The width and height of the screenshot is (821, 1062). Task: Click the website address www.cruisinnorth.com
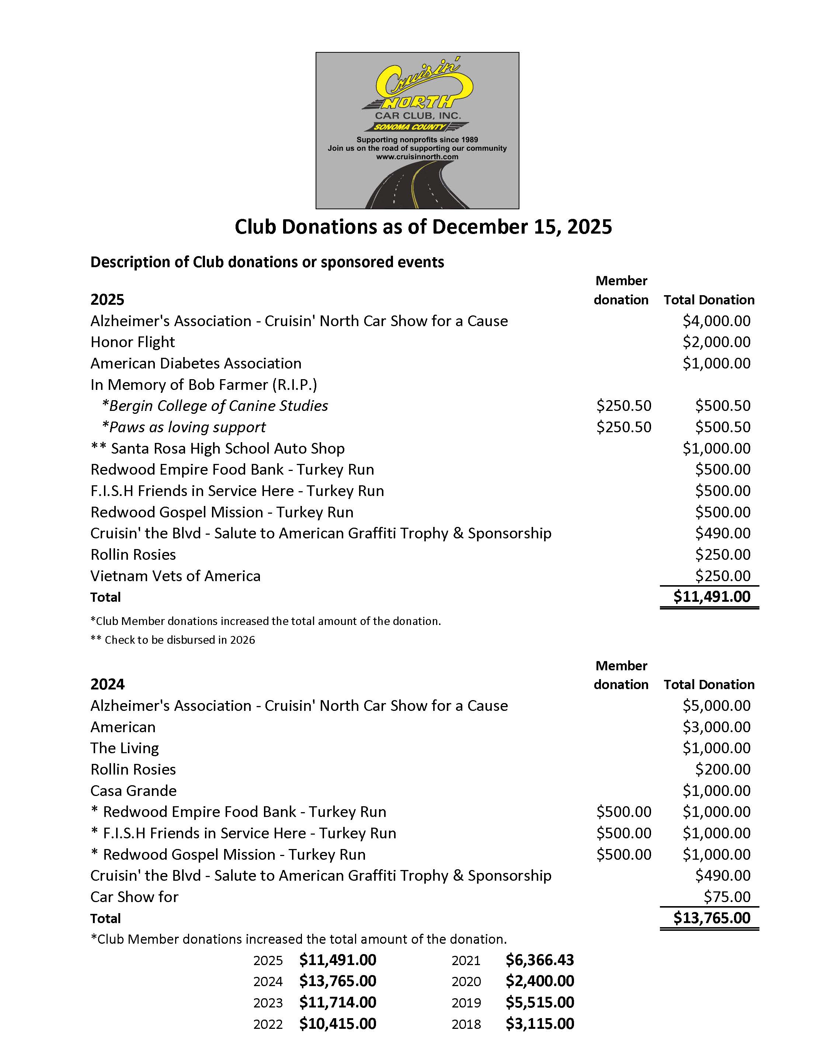[417, 157]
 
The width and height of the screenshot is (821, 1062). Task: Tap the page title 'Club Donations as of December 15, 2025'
[423, 227]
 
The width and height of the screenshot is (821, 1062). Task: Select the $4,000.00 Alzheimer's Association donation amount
[716, 321]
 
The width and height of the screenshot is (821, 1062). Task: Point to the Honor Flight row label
[132, 342]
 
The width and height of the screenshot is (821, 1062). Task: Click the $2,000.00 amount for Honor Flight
[716, 342]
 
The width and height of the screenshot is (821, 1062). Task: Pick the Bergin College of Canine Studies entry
[215, 406]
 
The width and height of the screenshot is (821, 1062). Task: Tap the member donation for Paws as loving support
[623, 427]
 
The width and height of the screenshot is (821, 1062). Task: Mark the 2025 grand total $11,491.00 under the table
[712, 597]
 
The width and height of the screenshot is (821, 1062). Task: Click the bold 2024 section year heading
[108, 685]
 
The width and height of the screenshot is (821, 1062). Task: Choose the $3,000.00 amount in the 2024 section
[716, 727]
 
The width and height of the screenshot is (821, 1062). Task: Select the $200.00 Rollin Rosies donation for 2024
[722, 770]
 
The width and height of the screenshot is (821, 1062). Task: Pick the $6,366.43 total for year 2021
[539, 960]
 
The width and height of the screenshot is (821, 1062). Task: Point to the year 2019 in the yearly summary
[466, 1003]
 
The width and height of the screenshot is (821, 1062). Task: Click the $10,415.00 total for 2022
[338, 1024]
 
